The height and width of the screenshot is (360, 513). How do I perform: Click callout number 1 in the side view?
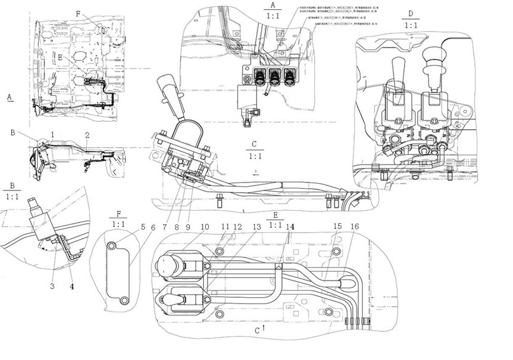tap(54, 134)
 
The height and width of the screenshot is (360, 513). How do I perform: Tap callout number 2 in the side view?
tap(87, 134)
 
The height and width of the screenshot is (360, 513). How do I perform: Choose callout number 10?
tap(204, 226)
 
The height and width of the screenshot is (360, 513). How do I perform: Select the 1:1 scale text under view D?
tap(411, 26)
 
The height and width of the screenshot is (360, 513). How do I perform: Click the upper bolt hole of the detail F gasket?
tap(113, 247)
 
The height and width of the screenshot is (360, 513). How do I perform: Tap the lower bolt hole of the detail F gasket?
tap(124, 300)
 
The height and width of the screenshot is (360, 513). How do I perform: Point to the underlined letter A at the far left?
tap(9, 97)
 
